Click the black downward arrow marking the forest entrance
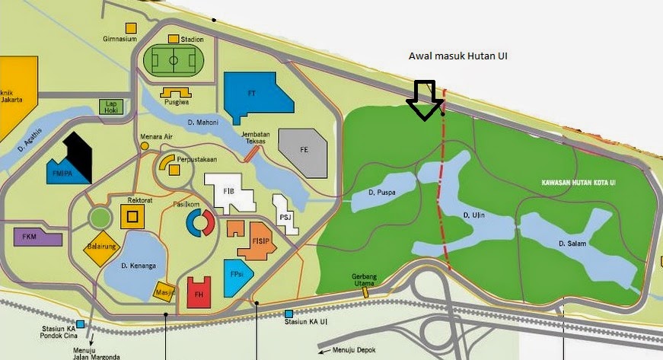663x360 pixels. tap(424, 100)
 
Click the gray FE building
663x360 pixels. tap(303, 151)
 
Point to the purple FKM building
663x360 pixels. tap(37, 237)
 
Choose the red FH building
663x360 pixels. tap(199, 292)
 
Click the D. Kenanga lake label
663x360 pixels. tap(138, 266)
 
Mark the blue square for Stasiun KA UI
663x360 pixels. tap(289, 314)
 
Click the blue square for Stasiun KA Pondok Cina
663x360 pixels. tap(80, 324)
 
